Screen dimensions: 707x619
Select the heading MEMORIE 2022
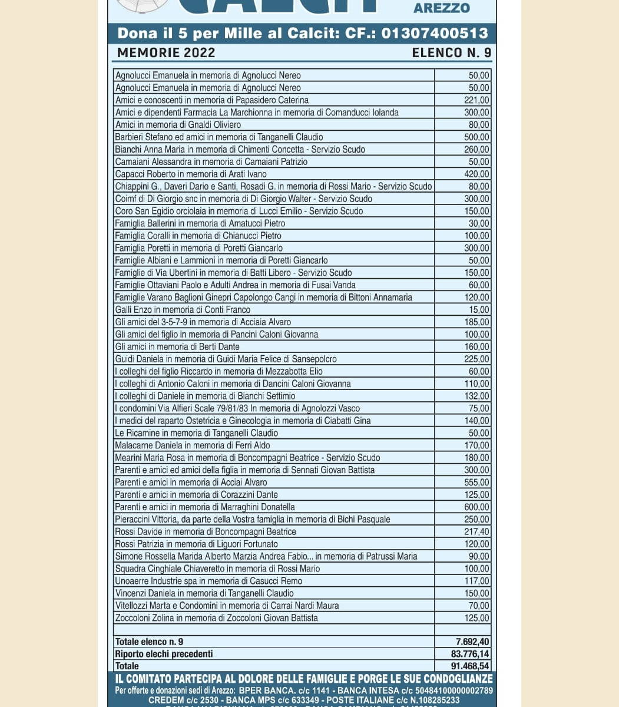pos(166,52)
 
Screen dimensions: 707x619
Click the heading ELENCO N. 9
pos(451,52)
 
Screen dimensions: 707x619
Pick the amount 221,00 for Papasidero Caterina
pos(476,100)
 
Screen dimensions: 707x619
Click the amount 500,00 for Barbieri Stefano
pos(476,137)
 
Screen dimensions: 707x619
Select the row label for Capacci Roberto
pos(191,174)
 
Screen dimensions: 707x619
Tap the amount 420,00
pos(476,174)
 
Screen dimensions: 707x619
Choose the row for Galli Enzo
pos(183,310)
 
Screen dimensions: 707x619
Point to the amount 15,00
pos(479,310)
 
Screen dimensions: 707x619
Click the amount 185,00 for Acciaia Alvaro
pos(476,322)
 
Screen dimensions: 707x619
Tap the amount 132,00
pos(476,397)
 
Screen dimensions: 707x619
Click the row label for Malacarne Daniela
pos(193,445)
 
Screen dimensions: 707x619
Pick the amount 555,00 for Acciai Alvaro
pos(476,483)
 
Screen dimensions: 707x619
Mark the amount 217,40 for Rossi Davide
pos(476,531)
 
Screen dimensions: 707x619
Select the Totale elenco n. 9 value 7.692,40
pos(472,642)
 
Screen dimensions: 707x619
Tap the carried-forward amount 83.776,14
pos(470,654)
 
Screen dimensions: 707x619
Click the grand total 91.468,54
pos(470,666)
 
